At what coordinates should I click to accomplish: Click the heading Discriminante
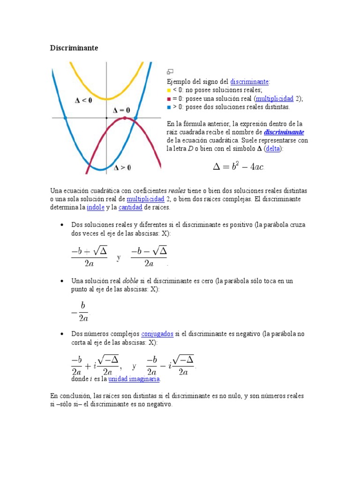tap(74, 48)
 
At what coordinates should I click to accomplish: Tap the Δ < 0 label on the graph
tap(83, 100)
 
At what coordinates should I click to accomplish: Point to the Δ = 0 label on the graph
tap(121, 110)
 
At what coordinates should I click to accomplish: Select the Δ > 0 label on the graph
tap(122, 167)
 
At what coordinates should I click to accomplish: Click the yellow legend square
tap(169, 90)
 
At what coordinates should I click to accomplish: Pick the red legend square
tap(169, 99)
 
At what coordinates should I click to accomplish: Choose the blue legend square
tap(169, 107)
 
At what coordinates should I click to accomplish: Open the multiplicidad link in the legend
tap(274, 98)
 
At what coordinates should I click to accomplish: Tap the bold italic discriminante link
tap(284, 132)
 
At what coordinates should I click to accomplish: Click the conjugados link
tap(157, 334)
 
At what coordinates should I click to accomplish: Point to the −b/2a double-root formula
tap(80, 311)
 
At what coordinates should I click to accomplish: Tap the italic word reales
tap(177, 191)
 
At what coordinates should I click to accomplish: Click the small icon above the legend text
tap(170, 72)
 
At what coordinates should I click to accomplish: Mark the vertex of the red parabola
tap(125, 118)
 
